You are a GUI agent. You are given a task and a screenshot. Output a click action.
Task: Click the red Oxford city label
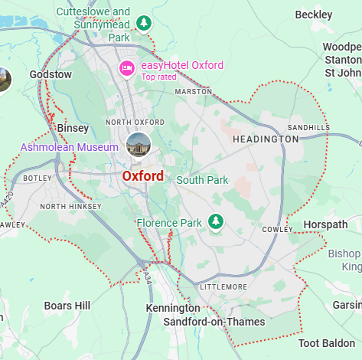tap(142, 176)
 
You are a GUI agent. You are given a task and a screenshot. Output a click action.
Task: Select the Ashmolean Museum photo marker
tap(139, 145)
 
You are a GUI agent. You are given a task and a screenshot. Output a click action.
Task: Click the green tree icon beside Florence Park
tap(217, 222)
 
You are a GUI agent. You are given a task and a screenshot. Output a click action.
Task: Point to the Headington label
tap(266, 139)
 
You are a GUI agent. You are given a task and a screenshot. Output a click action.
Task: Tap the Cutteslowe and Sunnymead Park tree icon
tap(143, 23)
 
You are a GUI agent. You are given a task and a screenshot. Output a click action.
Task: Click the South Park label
tap(202, 181)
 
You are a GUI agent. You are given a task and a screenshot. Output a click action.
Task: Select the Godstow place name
tap(51, 74)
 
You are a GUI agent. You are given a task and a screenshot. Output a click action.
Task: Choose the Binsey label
tap(73, 129)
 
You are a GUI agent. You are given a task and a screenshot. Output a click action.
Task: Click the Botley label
tap(37, 178)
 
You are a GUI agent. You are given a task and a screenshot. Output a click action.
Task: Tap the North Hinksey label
tap(70, 206)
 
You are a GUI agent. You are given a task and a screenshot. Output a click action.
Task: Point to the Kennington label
tap(173, 308)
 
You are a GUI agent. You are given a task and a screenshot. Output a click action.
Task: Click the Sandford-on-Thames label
tap(214, 322)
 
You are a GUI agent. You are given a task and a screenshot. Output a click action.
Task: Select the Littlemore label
tap(223, 286)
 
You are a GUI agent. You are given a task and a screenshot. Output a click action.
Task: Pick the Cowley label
tap(272, 229)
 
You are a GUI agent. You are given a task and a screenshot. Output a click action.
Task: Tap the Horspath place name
tap(324, 224)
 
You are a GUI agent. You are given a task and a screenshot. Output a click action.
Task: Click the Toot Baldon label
tap(330, 343)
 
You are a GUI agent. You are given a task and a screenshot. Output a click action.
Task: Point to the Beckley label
tap(314, 15)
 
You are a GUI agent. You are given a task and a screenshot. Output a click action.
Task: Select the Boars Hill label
tap(67, 306)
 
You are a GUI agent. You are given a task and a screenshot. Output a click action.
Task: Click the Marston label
tap(194, 91)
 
